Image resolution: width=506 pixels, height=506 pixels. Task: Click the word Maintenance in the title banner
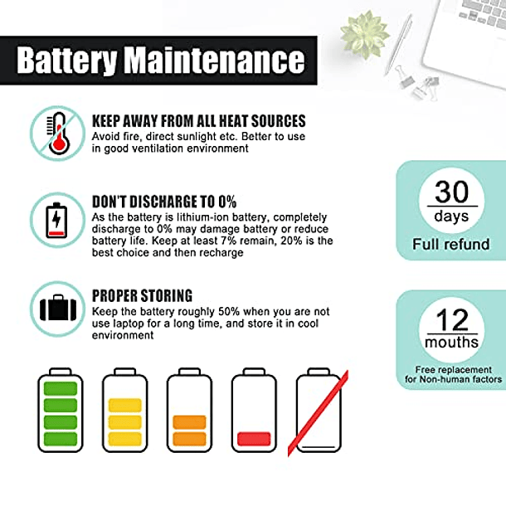[215, 60]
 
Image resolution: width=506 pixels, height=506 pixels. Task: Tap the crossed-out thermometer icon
[58, 134]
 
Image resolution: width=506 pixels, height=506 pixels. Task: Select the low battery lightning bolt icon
[56, 220]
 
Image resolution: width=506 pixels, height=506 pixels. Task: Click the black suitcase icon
[58, 309]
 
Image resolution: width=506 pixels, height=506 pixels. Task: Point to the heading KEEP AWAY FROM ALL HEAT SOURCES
[199, 121]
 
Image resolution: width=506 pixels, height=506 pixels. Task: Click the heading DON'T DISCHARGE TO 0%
[164, 202]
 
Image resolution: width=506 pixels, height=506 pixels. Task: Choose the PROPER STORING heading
[142, 295]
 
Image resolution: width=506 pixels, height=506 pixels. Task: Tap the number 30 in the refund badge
[451, 192]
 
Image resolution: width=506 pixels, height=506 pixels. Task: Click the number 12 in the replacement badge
[452, 320]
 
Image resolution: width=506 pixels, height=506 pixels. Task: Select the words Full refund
[451, 244]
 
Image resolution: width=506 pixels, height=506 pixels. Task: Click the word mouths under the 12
[451, 342]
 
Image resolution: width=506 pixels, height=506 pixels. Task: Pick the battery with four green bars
[61, 410]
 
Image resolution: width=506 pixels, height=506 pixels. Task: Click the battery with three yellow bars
[125, 410]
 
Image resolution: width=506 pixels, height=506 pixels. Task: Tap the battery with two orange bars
[189, 410]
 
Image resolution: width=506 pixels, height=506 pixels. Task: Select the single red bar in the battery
[254, 439]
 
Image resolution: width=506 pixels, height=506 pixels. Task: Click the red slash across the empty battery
[318, 413]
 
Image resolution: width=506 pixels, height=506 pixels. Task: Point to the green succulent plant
[365, 35]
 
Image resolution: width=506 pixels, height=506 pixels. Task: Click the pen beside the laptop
[399, 45]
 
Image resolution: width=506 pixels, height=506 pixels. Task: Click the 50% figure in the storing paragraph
[229, 312]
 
